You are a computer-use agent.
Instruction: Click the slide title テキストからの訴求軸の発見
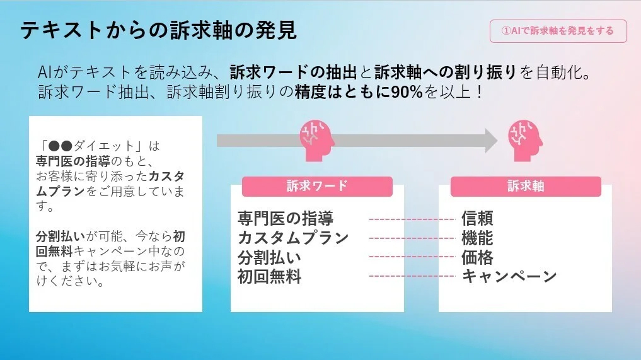159,30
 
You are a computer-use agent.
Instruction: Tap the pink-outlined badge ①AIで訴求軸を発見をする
558,31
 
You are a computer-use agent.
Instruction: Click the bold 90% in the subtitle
407,92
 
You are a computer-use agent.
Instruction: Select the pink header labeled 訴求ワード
317,186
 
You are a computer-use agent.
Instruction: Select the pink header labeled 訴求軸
526,186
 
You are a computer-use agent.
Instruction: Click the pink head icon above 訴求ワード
317,141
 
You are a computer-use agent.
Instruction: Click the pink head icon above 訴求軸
525,141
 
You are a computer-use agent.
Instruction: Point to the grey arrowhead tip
497,141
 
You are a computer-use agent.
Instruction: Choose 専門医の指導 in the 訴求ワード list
286,218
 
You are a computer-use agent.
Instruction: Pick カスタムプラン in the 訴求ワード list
293,238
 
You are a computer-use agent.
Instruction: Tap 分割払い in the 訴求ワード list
269,258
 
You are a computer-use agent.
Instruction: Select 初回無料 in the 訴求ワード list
269,277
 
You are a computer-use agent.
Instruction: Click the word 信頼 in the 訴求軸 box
478,218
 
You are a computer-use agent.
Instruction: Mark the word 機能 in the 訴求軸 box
478,238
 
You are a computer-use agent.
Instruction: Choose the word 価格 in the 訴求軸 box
478,258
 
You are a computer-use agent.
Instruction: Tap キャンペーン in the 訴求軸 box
509,277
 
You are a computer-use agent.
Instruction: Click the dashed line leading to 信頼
412,219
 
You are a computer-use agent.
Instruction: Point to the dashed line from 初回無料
412,276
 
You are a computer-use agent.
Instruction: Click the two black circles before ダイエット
60,146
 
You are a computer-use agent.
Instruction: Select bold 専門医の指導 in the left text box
72,161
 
